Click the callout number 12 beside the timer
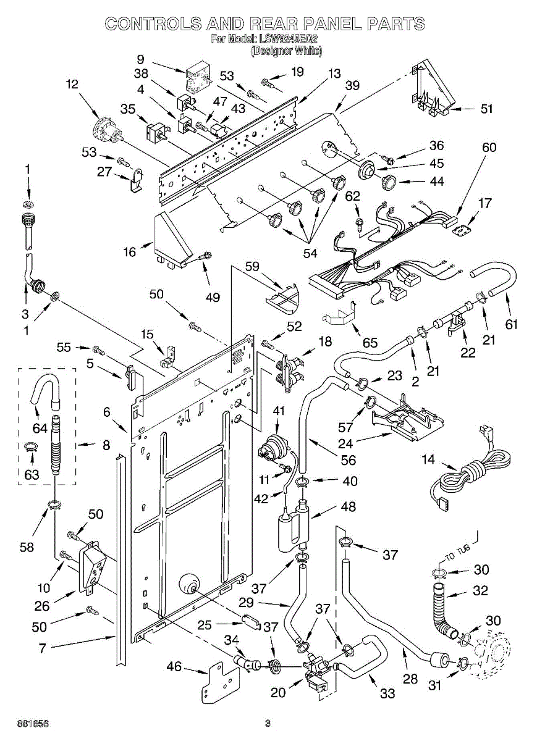[73, 85]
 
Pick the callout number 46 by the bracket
[175, 666]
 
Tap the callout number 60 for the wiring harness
[489, 147]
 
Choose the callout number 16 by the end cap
[129, 252]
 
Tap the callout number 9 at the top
[141, 60]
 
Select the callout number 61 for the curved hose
[511, 325]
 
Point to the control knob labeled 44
[389, 181]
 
